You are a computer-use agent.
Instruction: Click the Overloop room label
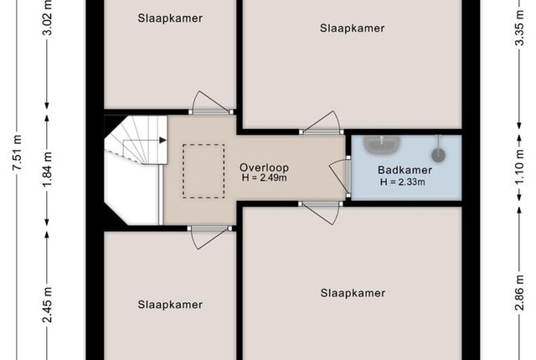(264, 167)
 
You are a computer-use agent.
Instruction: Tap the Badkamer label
(405, 170)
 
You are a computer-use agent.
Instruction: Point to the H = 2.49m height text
(264, 177)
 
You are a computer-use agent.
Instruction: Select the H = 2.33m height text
(403, 182)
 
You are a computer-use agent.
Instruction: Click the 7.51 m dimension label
(18, 152)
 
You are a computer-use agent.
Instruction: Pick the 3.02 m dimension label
(48, 18)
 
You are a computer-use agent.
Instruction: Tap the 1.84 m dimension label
(48, 169)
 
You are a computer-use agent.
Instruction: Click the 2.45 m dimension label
(48, 305)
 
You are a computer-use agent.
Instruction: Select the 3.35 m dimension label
(519, 28)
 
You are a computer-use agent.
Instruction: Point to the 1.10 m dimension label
(519, 167)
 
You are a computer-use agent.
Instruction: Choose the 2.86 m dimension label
(519, 292)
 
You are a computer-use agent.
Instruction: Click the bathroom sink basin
(382, 145)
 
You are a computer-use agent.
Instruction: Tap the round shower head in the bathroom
(438, 154)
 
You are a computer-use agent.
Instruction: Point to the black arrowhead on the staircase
(162, 140)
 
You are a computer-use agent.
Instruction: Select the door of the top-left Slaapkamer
(210, 102)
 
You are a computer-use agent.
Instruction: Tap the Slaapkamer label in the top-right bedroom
(352, 28)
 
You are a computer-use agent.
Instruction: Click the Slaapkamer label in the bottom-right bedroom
(353, 293)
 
